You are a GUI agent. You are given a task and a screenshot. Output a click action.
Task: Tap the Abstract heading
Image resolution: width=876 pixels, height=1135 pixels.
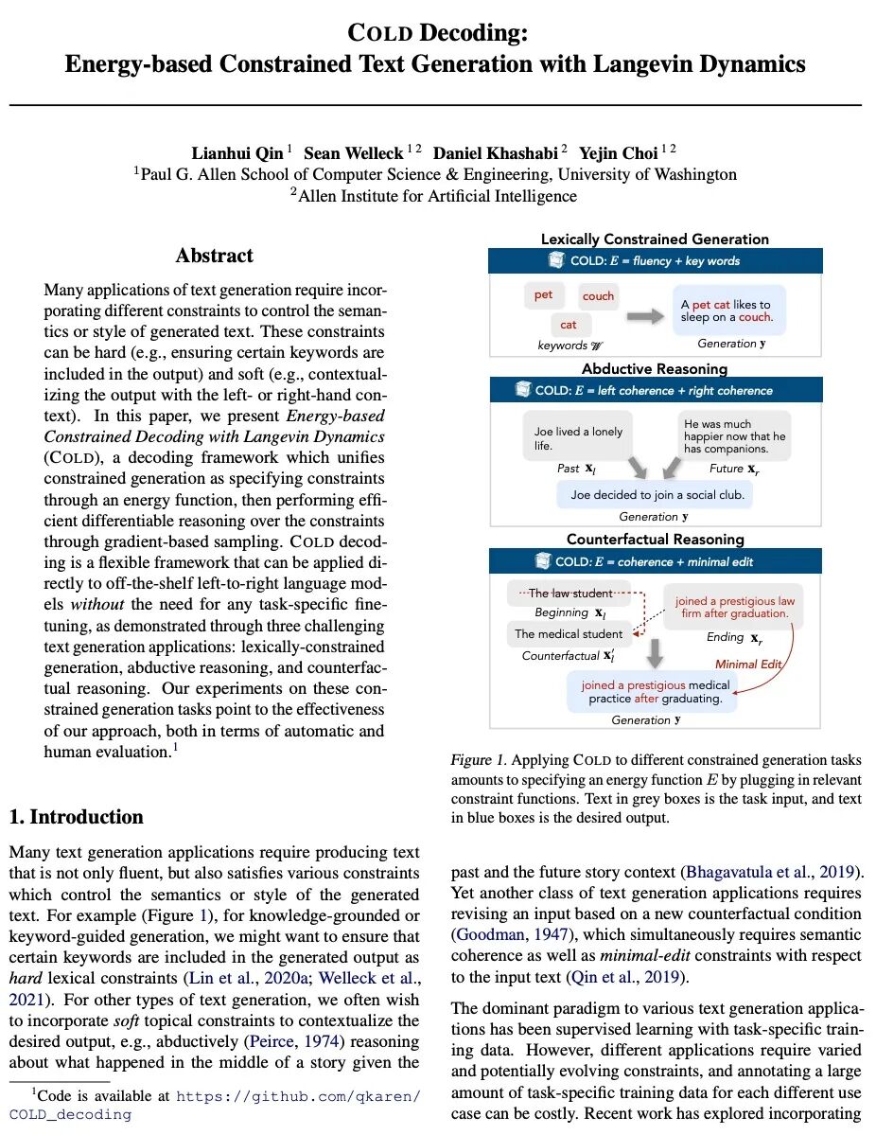(x=215, y=256)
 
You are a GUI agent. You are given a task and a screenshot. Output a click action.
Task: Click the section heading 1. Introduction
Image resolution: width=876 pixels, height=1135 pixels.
(x=76, y=817)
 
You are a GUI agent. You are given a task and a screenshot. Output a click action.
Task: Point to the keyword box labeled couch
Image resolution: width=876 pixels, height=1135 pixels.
(x=598, y=296)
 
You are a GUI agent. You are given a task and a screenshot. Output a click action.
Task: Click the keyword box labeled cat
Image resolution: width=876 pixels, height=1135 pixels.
(x=568, y=325)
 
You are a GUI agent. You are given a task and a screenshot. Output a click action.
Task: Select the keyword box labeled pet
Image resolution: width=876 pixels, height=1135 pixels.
(x=543, y=295)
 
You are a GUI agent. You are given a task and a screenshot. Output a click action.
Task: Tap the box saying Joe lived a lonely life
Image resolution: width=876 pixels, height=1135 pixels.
(x=579, y=438)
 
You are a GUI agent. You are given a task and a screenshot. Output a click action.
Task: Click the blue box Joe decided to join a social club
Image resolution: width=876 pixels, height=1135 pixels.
(x=657, y=494)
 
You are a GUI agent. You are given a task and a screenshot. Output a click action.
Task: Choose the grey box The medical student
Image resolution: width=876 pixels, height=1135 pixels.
(x=569, y=633)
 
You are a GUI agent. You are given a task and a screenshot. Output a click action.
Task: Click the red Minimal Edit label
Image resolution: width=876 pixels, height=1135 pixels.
(x=748, y=664)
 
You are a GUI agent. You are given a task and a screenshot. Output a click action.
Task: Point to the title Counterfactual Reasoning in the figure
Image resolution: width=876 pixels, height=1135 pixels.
(x=655, y=540)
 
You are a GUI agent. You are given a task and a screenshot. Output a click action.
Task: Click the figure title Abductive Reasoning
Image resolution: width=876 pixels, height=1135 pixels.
(x=655, y=369)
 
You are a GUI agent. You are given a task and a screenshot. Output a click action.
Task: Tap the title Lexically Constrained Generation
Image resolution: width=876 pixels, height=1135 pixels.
(x=655, y=239)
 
